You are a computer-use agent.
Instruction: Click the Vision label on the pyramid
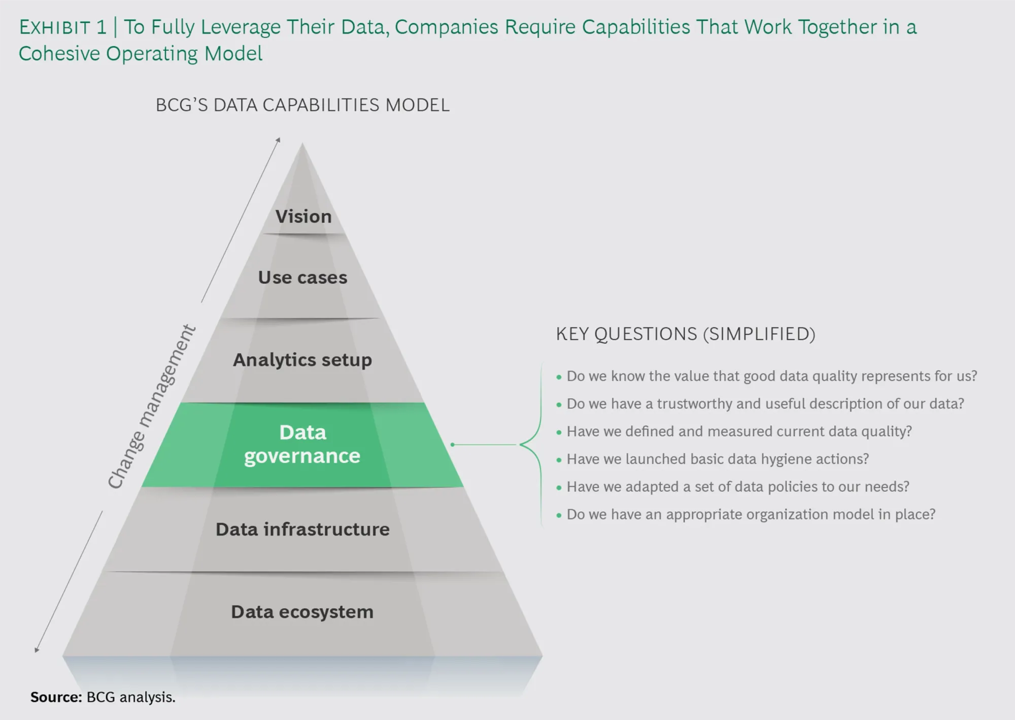click(x=303, y=216)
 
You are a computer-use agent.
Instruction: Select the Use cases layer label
click(x=302, y=277)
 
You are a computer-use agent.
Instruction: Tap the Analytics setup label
click(x=302, y=360)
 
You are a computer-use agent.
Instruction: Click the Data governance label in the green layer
click(x=302, y=444)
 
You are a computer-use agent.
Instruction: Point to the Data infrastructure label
click(x=302, y=529)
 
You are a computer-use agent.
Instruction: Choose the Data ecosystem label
click(x=302, y=612)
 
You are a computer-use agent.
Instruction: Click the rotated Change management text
click(x=151, y=407)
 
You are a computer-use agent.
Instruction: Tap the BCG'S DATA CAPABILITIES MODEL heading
click(x=302, y=105)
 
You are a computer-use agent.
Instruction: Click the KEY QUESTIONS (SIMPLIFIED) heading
click(x=686, y=334)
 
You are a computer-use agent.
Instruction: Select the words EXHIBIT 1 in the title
click(x=63, y=27)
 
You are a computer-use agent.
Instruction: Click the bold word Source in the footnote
click(x=56, y=697)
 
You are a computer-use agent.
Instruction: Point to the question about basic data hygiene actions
click(x=718, y=459)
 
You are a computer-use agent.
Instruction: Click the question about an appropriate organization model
click(x=751, y=514)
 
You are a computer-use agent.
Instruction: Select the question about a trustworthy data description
click(x=765, y=404)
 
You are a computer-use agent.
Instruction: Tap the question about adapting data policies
click(x=738, y=486)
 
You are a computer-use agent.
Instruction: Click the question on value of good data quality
click(x=772, y=376)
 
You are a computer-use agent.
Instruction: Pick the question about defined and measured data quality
click(x=739, y=432)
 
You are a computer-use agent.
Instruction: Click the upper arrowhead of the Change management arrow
click(x=279, y=139)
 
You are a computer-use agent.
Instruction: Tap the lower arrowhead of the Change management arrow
click(x=37, y=650)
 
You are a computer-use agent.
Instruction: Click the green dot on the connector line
click(x=452, y=445)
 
